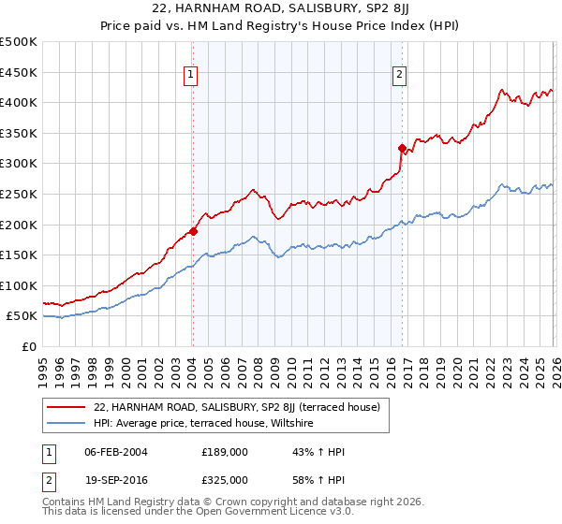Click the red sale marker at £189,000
(193, 231)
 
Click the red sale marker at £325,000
(402, 148)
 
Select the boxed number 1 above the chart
(191, 76)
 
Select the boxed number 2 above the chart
(400, 76)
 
